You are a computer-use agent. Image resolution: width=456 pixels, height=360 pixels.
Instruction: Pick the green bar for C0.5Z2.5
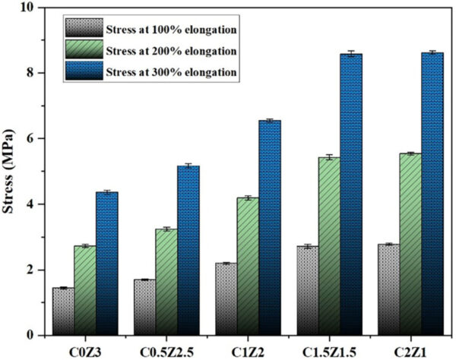(x=166, y=282)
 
